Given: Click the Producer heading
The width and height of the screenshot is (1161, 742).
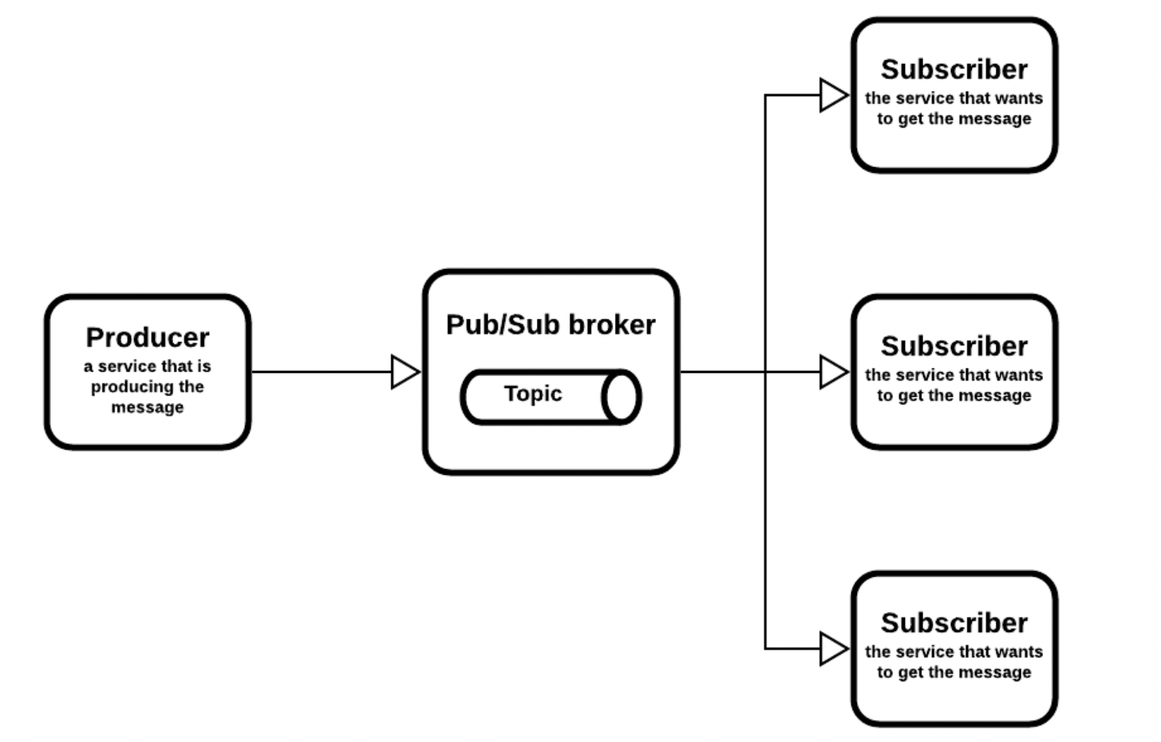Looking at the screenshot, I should (147, 337).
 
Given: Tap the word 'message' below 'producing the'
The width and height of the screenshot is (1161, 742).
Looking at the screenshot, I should (147, 407).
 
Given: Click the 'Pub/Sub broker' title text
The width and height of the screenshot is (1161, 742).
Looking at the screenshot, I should (550, 325).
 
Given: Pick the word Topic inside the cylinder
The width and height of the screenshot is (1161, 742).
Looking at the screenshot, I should (533, 394).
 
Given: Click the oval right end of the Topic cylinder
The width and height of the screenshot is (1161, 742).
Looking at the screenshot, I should (622, 397).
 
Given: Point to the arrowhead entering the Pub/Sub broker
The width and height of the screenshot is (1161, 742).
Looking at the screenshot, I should (405, 372).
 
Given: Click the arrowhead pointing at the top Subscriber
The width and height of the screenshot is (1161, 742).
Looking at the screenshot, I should (834, 95).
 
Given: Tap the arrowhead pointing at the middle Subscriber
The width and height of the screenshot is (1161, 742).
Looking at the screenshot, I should (834, 372).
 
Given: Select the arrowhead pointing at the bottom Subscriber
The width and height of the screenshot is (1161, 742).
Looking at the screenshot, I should (834, 649).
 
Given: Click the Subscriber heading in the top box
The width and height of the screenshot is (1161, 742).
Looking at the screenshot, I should (954, 69).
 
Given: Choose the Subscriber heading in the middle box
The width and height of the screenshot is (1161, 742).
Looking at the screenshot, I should (954, 346).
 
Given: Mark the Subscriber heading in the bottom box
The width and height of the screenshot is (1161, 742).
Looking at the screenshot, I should (954, 623).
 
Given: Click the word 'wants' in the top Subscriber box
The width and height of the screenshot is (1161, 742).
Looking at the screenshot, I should (1022, 98).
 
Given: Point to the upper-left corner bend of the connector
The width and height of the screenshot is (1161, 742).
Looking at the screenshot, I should (765, 95).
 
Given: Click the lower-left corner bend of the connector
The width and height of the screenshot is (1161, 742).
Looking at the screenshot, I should (765, 649).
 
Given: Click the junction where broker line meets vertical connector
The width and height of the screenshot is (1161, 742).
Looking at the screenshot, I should (765, 372).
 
